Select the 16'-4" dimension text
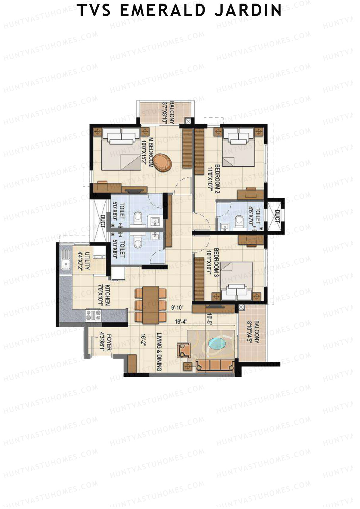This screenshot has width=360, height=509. click(181, 322)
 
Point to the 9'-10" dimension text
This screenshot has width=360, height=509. click(177, 307)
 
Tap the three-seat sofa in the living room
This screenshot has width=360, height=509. click(215, 366)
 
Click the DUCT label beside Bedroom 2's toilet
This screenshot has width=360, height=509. click(276, 216)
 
